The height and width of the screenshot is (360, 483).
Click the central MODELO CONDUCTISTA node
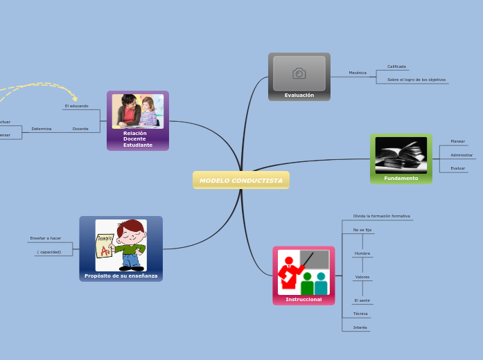pos(241,181)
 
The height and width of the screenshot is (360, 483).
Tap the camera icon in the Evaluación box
pos(299,73)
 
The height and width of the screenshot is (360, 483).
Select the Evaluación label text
pos(299,96)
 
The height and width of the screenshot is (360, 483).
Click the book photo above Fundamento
pos(401,154)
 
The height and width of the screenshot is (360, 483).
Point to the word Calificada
pos(396,66)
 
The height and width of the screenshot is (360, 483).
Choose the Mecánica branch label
pos(358,73)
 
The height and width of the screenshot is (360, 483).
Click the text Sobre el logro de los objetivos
pos(416,80)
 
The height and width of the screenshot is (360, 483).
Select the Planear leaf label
pos(457,141)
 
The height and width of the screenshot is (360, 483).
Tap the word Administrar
pos(462,155)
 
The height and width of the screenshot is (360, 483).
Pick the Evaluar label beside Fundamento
pos(457,168)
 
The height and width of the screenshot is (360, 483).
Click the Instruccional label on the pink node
pos(304,299)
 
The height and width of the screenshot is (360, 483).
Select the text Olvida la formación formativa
pos(382,216)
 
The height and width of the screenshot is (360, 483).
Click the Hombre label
pos(362,253)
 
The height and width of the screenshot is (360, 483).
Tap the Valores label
pos(362,277)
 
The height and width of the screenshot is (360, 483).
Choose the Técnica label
pos(360,314)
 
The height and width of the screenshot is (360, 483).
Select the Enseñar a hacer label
pos(46,238)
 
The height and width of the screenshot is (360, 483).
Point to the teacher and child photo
pos(138,111)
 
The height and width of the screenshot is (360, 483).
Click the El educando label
pos(76,106)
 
